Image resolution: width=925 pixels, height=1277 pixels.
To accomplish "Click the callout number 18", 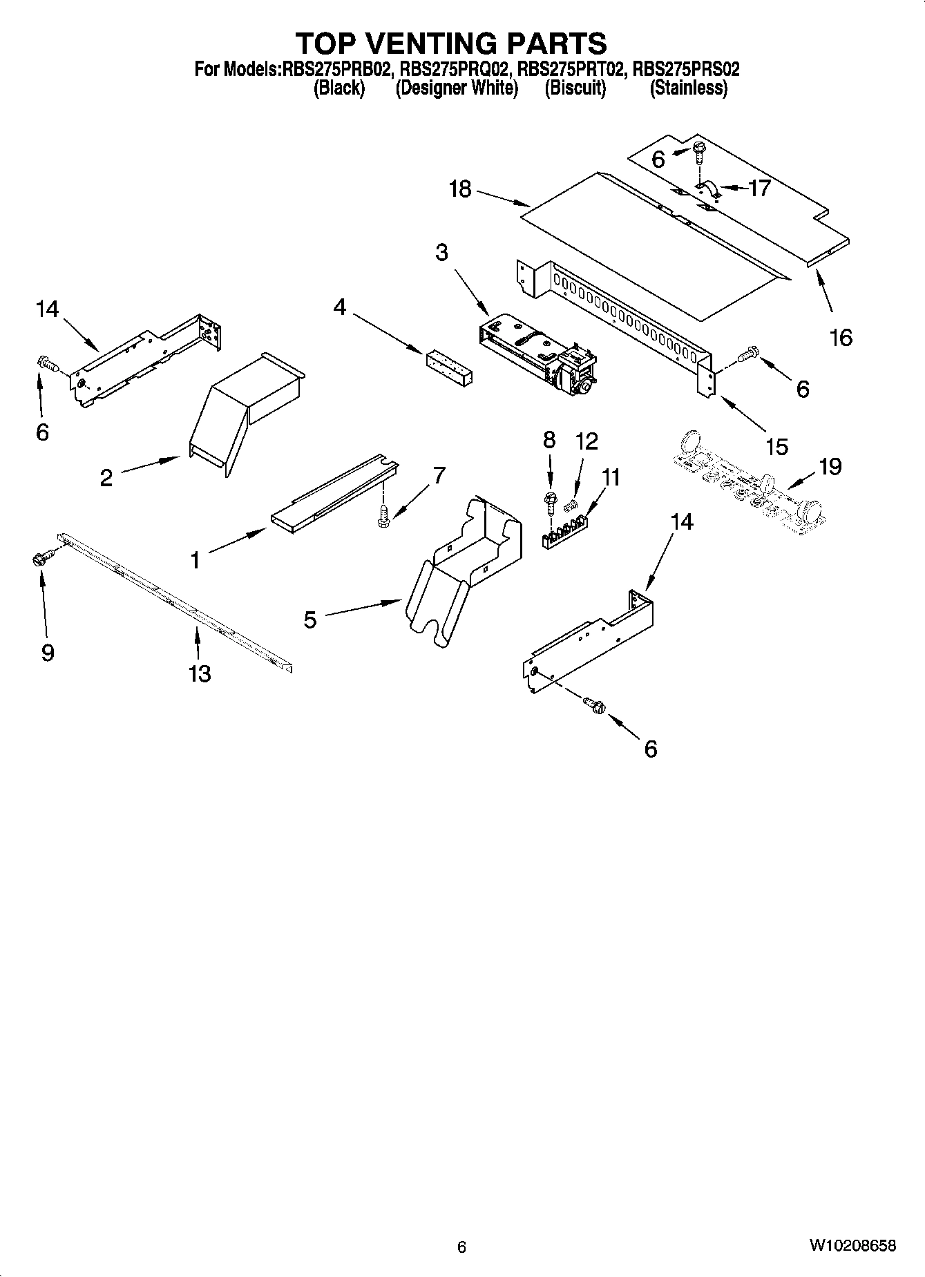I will click(460, 189).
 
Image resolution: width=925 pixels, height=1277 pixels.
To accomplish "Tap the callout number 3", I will click(441, 253).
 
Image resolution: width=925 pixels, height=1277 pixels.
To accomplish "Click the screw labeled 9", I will click(42, 558).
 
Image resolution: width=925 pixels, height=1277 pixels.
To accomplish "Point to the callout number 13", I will click(200, 673).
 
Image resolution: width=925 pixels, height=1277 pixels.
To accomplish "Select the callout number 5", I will click(310, 620).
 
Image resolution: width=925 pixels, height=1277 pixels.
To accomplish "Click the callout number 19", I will click(830, 467).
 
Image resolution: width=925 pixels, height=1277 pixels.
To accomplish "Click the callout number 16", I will click(841, 338).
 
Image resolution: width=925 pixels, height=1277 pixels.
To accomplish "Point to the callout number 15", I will click(777, 446).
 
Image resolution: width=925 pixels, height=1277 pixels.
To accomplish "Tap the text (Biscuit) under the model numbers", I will click(575, 88).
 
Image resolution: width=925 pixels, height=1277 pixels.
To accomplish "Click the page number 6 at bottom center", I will click(462, 1247).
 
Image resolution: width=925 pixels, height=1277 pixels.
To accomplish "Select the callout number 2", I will click(106, 478).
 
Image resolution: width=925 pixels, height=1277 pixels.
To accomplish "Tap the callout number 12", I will click(587, 441).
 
